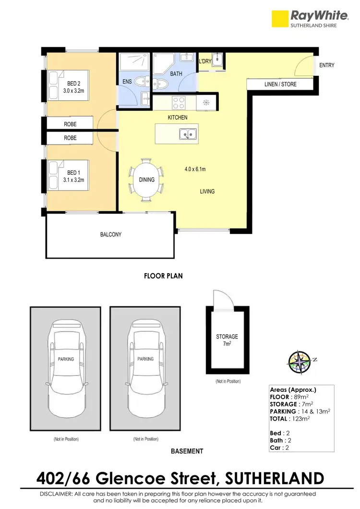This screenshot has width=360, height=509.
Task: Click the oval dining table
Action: (146, 180)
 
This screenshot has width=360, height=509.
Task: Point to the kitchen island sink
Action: (188, 134)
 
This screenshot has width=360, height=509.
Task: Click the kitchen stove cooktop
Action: (179, 103)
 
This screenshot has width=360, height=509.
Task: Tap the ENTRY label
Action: (326, 65)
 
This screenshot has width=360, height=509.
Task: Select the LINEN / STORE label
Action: (280, 85)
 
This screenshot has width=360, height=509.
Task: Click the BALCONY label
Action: (110, 235)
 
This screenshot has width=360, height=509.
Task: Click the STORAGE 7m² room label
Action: (227, 340)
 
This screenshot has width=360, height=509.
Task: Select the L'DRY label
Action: (205, 61)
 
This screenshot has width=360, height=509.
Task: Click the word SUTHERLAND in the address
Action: (274, 478)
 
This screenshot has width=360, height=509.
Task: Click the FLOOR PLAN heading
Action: (163, 276)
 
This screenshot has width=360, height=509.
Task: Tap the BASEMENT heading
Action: (187, 451)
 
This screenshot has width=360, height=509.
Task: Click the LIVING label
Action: (207, 192)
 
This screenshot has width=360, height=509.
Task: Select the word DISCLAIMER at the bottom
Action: (57, 494)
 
